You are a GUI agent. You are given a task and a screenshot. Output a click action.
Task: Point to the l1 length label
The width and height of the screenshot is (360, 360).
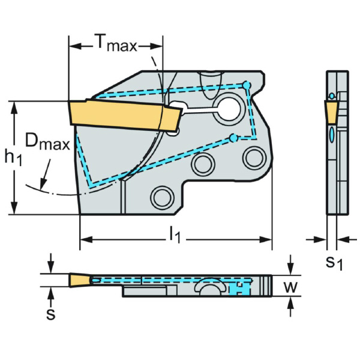(x=175, y=234)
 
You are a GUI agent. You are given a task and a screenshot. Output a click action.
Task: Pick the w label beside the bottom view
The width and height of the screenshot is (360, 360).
(x=291, y=286)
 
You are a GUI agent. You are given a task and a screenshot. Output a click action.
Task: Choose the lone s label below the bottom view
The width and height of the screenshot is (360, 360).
(x=51, y=314)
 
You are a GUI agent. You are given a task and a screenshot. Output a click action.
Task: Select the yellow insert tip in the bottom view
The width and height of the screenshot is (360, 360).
(x=79, y=280)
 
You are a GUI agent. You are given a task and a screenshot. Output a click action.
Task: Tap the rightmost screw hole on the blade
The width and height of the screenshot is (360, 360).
(x=251, y=156)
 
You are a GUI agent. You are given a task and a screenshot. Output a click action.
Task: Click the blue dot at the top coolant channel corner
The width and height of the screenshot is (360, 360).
(x=246, y=85)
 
